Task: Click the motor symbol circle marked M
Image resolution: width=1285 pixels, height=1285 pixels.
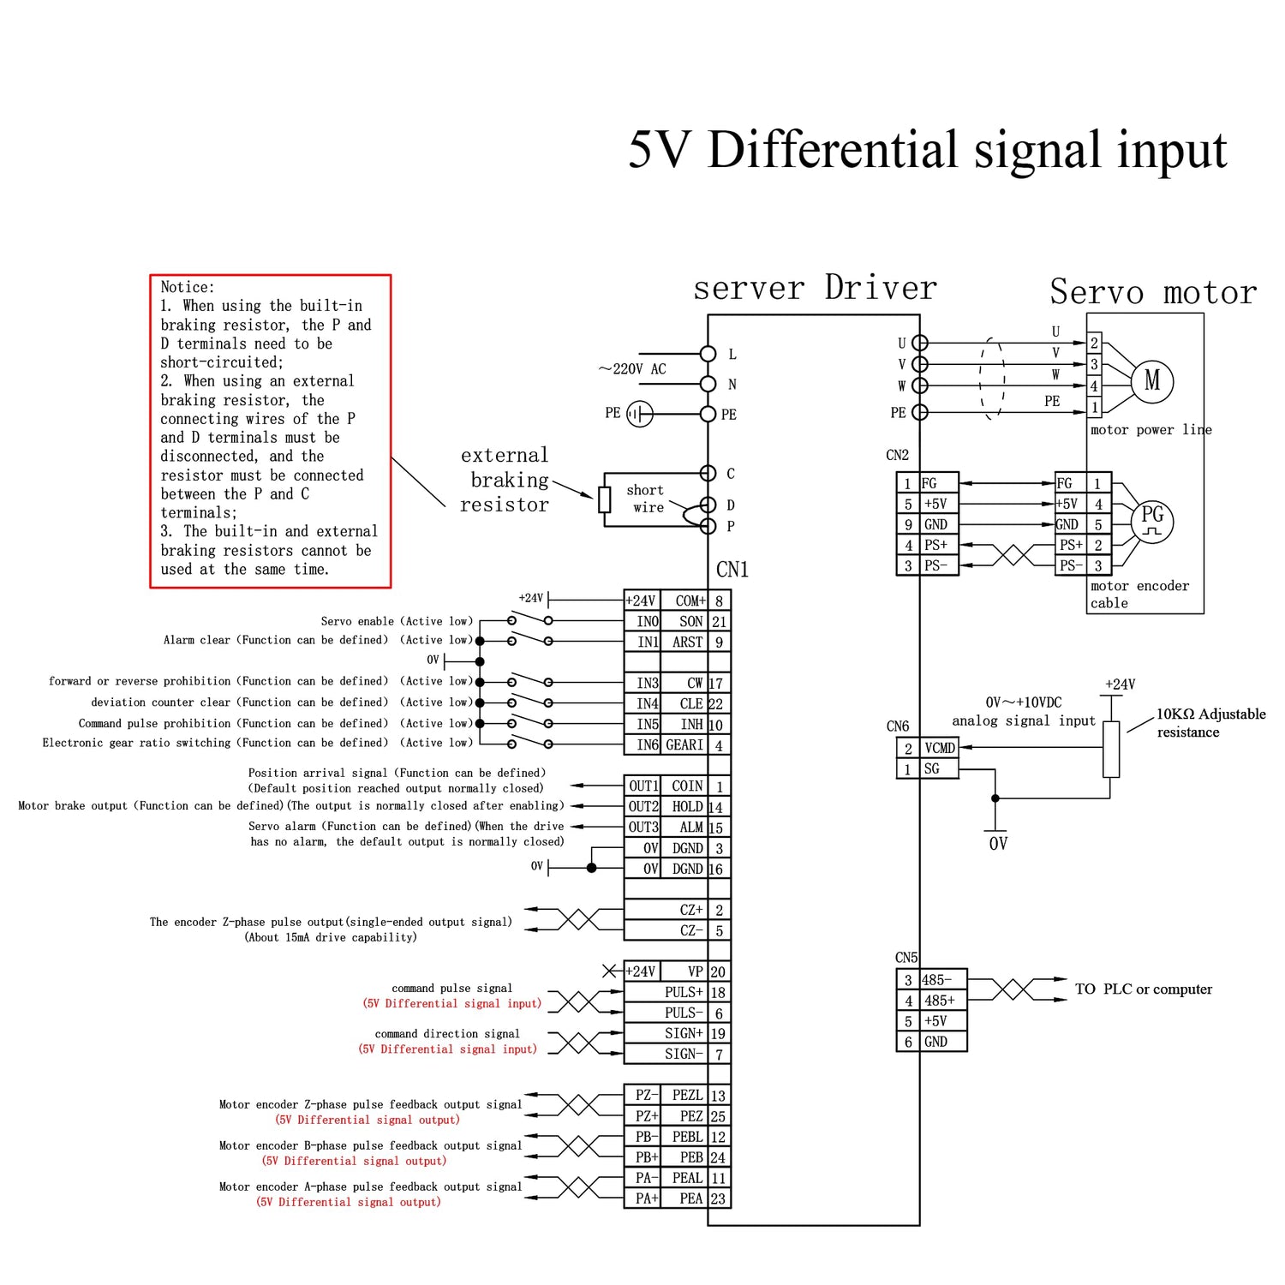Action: (x=1152, y=380)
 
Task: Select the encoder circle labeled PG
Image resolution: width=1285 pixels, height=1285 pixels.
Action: (x=1152, y=520)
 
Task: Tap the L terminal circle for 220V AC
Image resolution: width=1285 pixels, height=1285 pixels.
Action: (x=708, y=354)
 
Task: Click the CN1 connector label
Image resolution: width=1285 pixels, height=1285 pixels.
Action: (x=732, y=570)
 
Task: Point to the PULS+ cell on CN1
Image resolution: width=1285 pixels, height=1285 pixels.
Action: (x=683, y=992)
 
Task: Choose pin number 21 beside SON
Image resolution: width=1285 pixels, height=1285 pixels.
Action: (x=719, y=622)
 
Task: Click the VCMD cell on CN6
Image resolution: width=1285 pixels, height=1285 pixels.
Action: (x=939, y=748)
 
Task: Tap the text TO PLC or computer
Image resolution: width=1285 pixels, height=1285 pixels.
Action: (x=1143, y=989)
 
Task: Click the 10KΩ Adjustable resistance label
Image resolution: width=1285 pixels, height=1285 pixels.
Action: (x=1210, y=722)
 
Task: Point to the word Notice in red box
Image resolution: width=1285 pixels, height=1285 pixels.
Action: (x=188, y=287)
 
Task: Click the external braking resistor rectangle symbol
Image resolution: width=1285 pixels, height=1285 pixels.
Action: (x=605, y=499)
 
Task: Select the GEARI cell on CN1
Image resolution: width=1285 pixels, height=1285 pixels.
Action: (x=684, y=745)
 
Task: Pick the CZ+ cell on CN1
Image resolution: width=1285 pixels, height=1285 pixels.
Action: (x=690, y=910)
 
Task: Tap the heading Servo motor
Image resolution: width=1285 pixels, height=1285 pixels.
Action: (x=1153, y=292)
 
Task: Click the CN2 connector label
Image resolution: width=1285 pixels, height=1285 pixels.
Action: (x=897, y=455)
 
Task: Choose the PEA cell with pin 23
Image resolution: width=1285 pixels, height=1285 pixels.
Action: (x=690, y=1198)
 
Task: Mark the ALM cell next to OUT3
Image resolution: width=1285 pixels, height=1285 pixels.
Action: (x=690, y=828)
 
